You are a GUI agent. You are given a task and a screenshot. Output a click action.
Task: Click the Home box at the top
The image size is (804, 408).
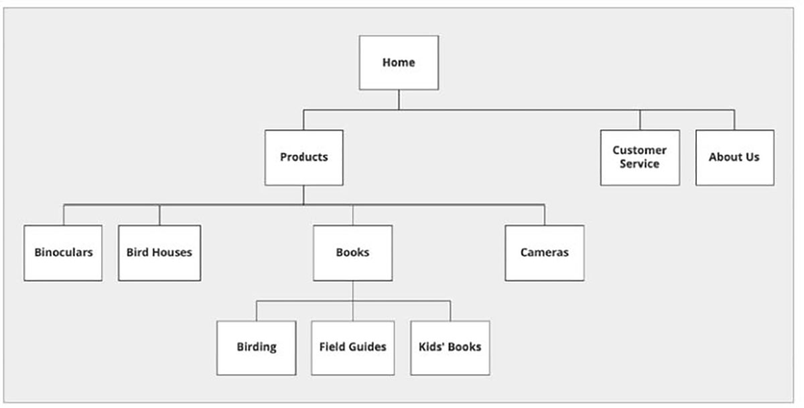399,62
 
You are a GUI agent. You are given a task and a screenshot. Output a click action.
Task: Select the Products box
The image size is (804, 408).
304,157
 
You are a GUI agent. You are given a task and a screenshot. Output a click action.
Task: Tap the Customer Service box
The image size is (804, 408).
639,157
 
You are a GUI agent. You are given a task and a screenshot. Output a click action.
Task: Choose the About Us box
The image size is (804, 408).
734,157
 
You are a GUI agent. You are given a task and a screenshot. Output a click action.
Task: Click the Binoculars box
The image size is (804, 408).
63,253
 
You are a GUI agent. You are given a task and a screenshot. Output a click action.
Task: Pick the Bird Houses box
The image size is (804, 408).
159,253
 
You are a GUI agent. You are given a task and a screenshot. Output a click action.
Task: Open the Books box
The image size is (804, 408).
352,253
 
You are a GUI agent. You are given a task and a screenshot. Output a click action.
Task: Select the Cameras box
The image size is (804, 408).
544,253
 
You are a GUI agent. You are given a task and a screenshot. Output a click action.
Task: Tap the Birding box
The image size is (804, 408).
256,347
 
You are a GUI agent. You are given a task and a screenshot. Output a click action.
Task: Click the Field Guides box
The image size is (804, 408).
352,347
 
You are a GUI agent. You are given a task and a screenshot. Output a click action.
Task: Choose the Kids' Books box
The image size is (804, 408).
450,347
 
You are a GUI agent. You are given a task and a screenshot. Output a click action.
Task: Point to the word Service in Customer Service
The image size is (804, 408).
639,164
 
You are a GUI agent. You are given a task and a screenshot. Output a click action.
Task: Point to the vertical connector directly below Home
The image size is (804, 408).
399,100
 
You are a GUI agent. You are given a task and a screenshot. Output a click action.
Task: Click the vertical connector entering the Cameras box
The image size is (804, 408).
544,215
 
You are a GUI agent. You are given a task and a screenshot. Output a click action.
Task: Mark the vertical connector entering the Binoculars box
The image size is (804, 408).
64,215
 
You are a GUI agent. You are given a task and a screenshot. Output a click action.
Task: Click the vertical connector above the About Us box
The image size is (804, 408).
734,120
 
